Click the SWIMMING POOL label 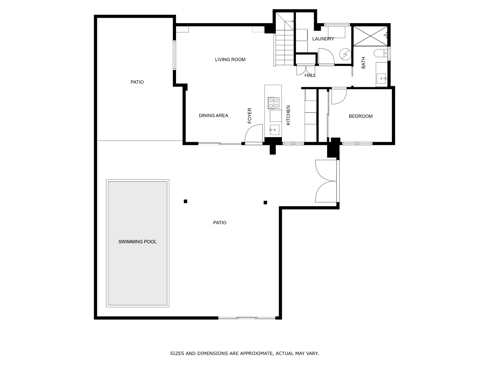click(x=138, y=242)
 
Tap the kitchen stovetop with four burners click(x=274, y=103)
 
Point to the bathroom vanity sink click(x=381, y=78)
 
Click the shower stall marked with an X click(x=370, y=36)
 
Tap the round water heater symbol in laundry click(x=345, y=54)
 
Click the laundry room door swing click(x=326, y=56)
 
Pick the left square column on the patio click(x=186, y=201)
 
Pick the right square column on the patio click(x=265, y=203)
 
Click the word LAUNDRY click(x=323, y=39)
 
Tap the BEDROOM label click(x=361, y=116)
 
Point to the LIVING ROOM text click(x=230, y=59)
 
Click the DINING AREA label click(x=213, y=115)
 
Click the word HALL click(x=310, y=75)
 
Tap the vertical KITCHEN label click(x=288, y=115)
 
